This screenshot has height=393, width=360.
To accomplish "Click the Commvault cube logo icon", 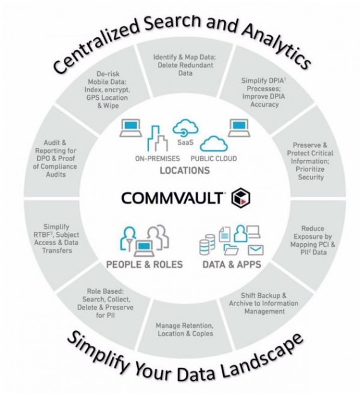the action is click(x=241, y=198).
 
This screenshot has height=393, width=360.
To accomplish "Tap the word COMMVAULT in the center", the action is click(x=172, y=198).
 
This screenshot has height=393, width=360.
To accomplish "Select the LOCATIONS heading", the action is click(x=185, y=171).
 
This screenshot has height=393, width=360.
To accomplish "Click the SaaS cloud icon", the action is click(x=186, y=128).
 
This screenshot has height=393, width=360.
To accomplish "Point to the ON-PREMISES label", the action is click(x=157, y=159).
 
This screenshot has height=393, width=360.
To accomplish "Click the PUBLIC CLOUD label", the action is click(x=213, y=159).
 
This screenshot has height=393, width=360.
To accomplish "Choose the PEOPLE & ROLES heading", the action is click(x=145, y=265).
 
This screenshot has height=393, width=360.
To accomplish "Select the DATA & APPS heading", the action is click(x=232, y=265).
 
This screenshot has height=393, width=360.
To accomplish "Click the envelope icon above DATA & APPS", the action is click(x=256, y=250).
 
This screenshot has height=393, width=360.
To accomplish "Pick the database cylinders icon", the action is click(x=207, y=245).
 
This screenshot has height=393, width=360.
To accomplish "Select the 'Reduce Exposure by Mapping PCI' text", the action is click(x=313, y=240).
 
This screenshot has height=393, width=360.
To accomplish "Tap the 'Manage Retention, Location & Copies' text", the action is click(x=185, y=330).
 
